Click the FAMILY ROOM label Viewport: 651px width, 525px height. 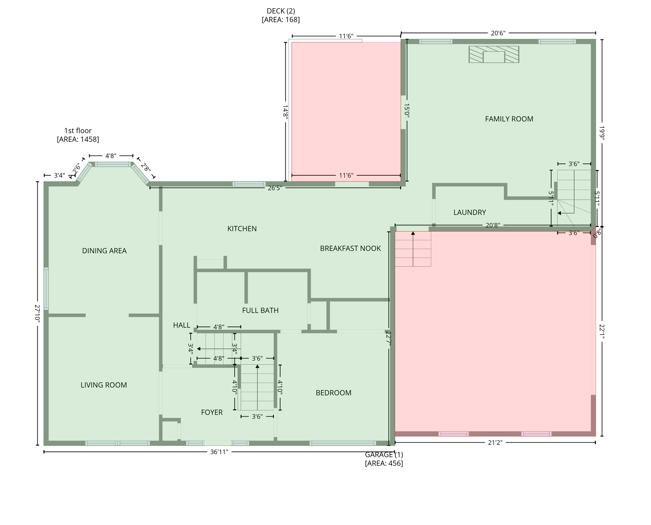509,119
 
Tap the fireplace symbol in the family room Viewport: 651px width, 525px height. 494,55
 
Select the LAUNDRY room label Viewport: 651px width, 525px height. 470,212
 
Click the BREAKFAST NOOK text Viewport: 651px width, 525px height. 350,248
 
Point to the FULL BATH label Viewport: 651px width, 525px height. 260,310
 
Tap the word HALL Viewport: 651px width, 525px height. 181,325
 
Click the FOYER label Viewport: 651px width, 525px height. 212,412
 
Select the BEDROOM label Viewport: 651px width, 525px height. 334,393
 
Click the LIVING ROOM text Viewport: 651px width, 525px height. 104,385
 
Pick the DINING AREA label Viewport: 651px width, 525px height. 104,251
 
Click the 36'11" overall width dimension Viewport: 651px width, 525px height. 219,452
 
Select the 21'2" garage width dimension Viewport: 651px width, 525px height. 495,443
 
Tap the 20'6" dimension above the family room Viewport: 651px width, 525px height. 498,33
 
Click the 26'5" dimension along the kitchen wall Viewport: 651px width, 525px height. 275,188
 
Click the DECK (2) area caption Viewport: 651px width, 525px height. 281,15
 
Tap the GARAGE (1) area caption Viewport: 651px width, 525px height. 384,459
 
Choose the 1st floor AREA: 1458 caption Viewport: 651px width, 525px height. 78,135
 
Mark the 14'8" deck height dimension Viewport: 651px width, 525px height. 285,111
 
